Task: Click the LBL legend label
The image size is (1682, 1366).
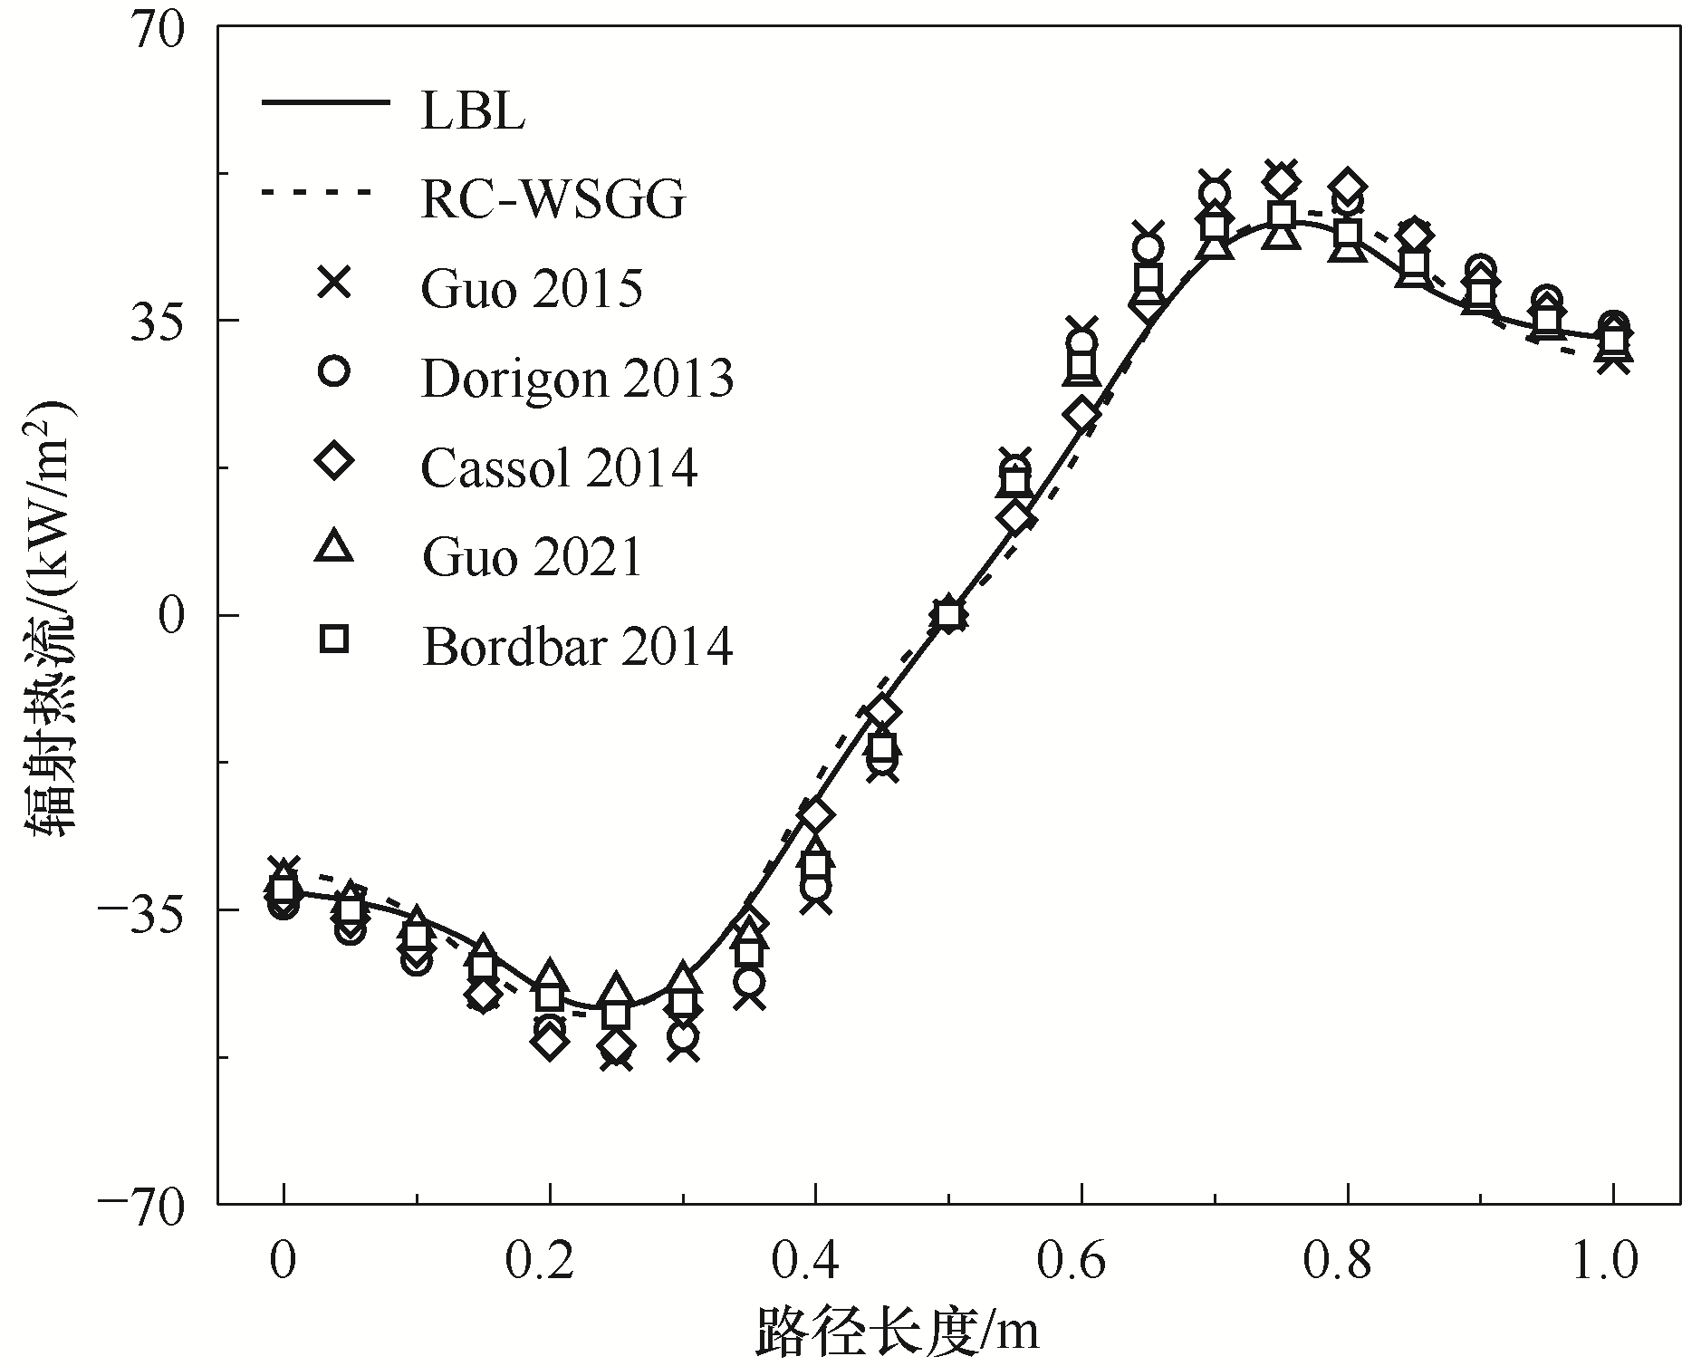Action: coord(473,112)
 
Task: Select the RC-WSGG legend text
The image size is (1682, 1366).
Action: coord(553,200)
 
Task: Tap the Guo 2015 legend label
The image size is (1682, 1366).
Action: coord(532,289)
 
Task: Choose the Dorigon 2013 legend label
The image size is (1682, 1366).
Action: coord(578,379)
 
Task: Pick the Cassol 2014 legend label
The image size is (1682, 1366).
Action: coord(560,468)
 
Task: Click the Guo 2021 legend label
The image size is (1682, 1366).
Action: coord(532,556)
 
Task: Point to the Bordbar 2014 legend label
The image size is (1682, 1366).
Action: coord(577,647)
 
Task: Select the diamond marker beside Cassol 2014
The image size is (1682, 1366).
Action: coord(335,461)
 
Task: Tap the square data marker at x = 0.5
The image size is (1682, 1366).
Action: coord(948,615)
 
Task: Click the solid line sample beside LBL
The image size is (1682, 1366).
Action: coord(326,102)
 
